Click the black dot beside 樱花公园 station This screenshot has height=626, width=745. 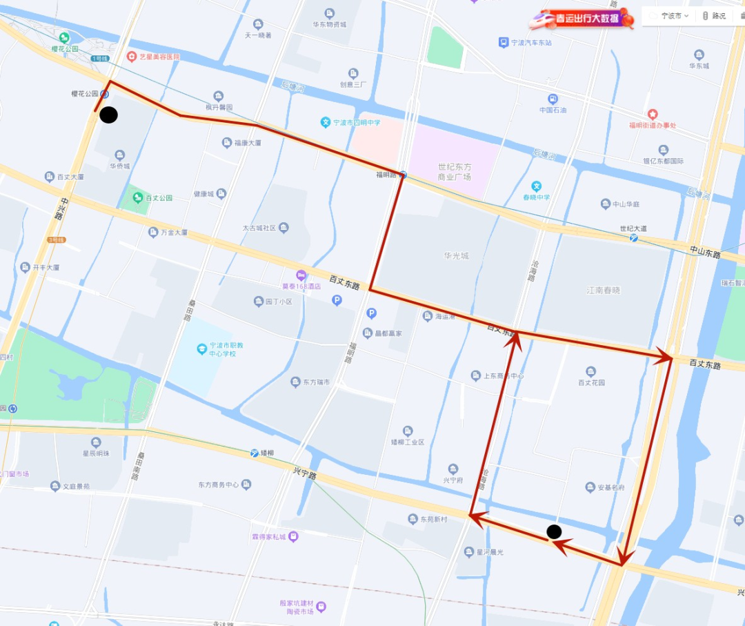(108, 115)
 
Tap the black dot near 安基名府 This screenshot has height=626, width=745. (554, 531)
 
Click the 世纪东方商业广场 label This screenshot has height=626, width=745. (455, 172)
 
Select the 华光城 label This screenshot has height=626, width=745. (456, 255)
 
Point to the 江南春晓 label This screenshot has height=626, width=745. (603, 291)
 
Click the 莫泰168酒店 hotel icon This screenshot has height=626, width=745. (301, 275)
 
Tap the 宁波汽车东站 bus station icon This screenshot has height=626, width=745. (504, 43)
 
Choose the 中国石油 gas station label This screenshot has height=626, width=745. (553, 110)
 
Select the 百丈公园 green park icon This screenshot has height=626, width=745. (136, 198)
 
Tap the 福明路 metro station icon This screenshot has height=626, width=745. (404, 175)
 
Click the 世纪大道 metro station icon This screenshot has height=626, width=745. (633, 237)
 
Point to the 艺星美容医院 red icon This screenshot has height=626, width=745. (131, 57)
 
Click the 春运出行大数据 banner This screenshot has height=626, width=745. (581, 19)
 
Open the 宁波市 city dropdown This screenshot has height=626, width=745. (669, 15)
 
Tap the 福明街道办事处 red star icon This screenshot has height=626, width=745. (653, 114)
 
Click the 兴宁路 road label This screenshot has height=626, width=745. (304, 475)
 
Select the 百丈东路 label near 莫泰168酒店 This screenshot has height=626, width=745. (344, 282)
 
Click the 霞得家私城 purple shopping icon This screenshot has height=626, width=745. (293, 536)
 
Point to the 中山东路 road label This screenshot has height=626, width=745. (705, 254)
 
